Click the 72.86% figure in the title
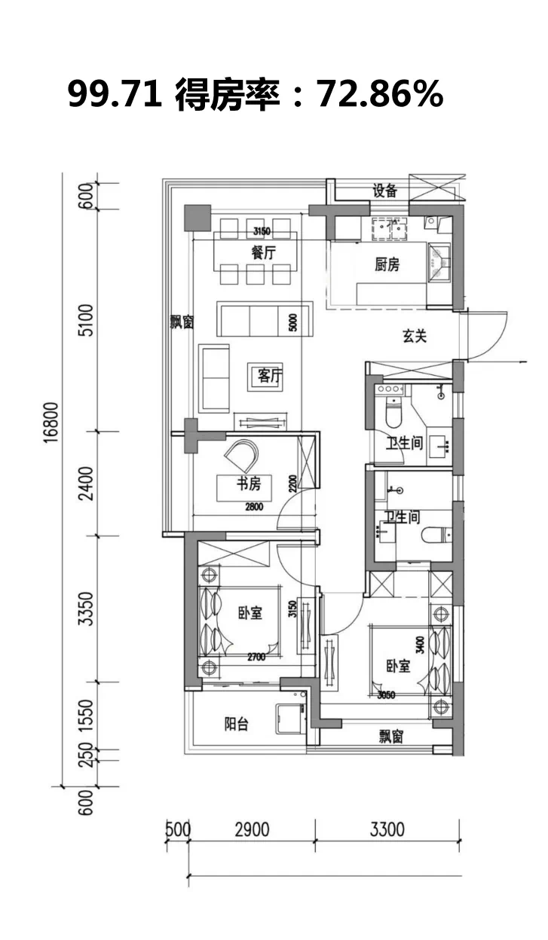[x=380, y=94]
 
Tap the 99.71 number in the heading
[x=115, y=94]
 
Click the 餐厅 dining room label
[x=264, y=252]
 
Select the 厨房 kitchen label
[x=387, y=264]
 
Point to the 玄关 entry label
[x=415, y=336]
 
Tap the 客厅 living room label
[x=270, y=376]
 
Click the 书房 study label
[x=249, y=484]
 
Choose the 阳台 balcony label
[x=237, y=724]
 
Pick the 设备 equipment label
[x=384, y=191]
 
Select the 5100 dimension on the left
[x=87, y=320]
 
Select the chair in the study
[x=242, y=455]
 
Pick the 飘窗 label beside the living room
[x=182, y=322]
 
